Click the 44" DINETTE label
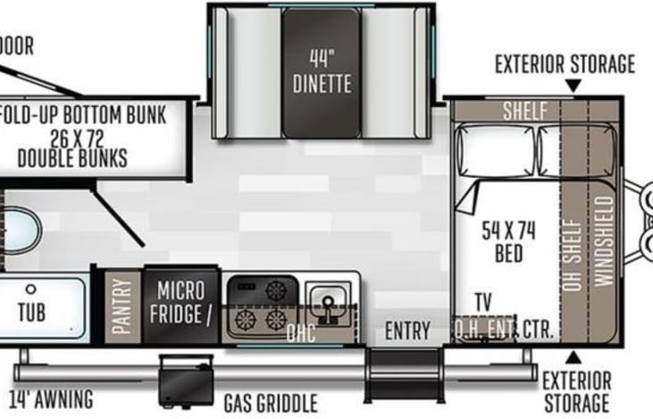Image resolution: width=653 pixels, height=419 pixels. coord(322,71)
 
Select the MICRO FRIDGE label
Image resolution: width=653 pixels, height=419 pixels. coord(181,302)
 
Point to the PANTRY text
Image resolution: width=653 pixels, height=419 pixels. coord(122,306)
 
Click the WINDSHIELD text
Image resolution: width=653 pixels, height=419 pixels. coord(605,241)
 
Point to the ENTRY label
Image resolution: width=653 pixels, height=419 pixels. coord(406,331)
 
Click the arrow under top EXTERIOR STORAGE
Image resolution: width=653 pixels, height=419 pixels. coord(573,86)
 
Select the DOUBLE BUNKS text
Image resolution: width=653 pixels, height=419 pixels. coord(71,158)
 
